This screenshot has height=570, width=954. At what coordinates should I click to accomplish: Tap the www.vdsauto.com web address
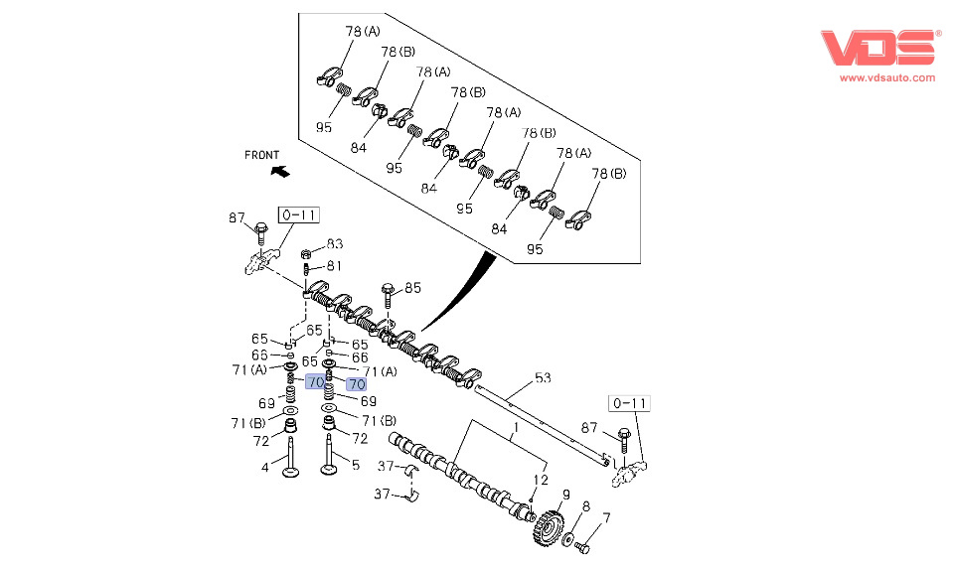[886, 77]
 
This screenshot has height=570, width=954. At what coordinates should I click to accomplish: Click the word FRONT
[262, 155]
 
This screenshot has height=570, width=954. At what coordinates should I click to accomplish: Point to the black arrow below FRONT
[280, 171]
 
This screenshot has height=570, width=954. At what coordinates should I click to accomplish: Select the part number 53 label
[543, 377]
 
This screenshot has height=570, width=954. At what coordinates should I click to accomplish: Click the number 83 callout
[335, 244]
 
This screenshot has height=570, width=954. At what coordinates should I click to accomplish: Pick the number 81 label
[334, 266]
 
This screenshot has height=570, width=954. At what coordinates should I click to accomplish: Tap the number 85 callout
[412, 288]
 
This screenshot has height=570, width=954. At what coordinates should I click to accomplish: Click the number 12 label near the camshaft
[541, 480]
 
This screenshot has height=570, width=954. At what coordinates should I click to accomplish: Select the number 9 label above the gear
[565, 495]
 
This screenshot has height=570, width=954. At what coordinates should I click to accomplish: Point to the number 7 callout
[606, 517]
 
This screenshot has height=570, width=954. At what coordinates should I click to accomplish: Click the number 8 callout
[585, 506]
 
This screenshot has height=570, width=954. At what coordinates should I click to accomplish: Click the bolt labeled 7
[583, 547]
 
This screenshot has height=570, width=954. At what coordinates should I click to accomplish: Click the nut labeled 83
[308, 254]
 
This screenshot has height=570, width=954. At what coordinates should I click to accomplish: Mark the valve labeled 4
[292, 458]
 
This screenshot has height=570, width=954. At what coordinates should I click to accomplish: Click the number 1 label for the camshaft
[515, 430]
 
